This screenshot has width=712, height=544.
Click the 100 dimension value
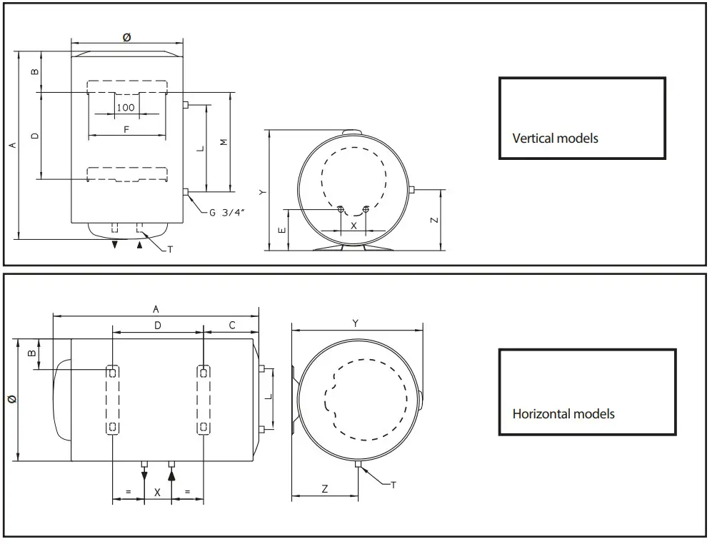click(126, 108)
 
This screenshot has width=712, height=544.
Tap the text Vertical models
click(555, 138)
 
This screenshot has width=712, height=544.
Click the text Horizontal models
click(563, 413)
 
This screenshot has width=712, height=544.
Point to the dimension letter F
click(126, 129)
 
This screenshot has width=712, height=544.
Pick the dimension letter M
click(224, 143)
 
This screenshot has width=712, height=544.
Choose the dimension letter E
click(281, 230)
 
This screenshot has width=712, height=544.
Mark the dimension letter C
click(232, 326)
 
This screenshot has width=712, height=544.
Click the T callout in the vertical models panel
click(170, 249)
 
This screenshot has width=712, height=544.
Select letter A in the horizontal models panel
click(156, 308)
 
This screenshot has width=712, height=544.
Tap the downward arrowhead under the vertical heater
click(114, 245)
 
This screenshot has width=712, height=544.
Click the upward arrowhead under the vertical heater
click(140, 245)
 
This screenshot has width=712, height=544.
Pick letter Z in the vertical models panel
click(434, 221)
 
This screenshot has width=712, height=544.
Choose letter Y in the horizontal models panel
click(356, 323)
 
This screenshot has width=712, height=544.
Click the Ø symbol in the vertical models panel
click(127, 38)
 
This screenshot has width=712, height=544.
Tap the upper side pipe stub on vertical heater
click(186, 105)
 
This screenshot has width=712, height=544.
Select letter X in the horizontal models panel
click(158, 493)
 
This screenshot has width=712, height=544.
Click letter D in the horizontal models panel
click(158, 326)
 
